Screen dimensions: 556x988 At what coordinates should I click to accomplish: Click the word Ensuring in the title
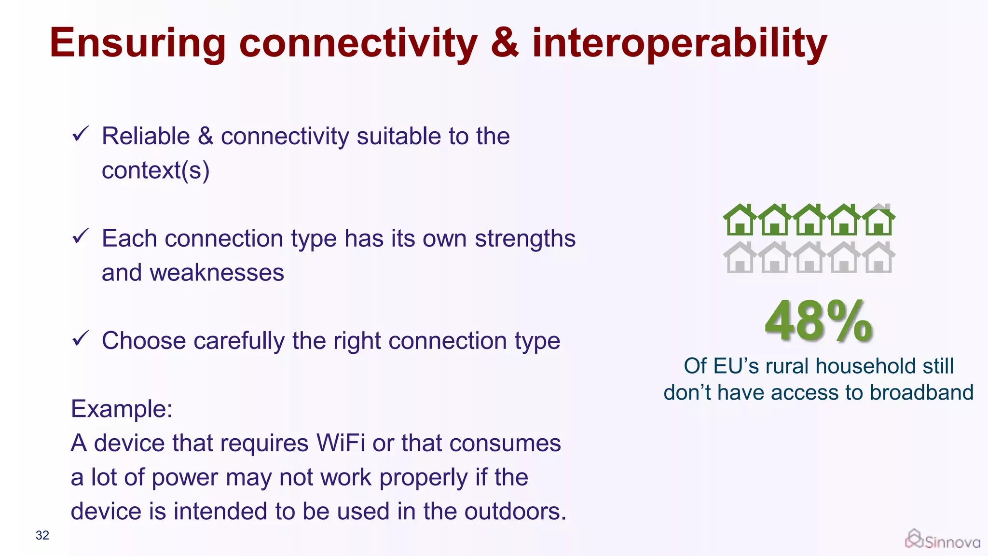point(137,43)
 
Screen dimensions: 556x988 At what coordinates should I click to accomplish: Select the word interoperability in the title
point(679,43)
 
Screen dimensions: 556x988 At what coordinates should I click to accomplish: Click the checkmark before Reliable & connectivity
point(80,134)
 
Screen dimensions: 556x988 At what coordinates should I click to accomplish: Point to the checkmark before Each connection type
point(80,236)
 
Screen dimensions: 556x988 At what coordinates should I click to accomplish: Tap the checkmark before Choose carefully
point(80,339)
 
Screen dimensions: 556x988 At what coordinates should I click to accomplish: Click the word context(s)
point(155,171)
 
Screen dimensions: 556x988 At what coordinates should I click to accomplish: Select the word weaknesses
point(217,273)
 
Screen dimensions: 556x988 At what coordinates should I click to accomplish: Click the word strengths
point(525,238)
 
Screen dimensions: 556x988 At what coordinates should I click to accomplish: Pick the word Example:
point(122,409)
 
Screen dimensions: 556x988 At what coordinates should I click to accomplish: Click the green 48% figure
point(819,321)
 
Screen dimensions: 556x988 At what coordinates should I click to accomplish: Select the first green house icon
point(740,220)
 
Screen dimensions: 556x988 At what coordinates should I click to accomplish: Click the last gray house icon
point(878,258)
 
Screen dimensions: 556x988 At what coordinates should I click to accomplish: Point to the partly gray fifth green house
point(878,220)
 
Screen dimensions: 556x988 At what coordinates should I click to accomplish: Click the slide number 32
point(42,535)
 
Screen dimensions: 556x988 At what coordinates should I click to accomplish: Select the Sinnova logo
point(942,540)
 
